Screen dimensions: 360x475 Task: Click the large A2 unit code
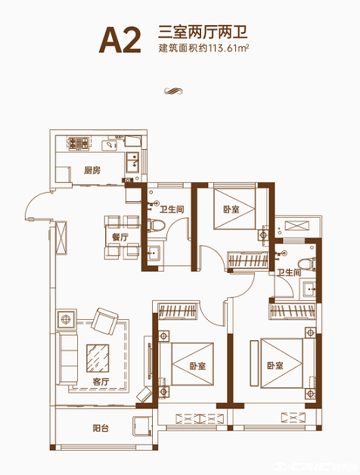(120, 40)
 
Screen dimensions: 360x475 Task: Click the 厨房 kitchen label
(92, 170)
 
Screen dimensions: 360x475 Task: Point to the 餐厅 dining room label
(119, 237)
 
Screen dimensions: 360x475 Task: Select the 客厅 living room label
(101, 382)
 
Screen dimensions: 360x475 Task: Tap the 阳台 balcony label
(101, 428)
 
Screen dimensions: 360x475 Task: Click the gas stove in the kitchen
(78, 144)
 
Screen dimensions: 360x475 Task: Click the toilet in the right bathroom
(307, 263)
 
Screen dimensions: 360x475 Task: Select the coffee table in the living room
(98, 358)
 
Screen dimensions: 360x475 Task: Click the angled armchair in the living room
(104, 321)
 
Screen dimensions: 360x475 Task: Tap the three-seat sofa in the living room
(67, 359)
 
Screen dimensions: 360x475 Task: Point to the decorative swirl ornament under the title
(174, 91)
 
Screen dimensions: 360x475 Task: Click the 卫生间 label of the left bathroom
(172, 209)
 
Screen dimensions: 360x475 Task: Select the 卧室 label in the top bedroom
(231, 209)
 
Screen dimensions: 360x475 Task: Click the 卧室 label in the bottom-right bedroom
(275, 365)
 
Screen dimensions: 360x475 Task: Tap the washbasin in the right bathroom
(308, 289)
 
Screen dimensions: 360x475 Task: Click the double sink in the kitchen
(132, 162)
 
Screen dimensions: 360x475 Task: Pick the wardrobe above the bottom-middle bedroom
(177, 311)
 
